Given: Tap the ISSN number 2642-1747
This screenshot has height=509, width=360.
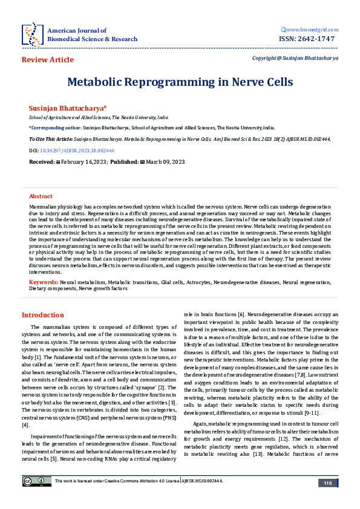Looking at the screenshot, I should coord(313,39).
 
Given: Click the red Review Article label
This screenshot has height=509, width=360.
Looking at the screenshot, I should coord(48,60).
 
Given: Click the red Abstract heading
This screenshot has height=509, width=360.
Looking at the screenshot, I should coord(41,196).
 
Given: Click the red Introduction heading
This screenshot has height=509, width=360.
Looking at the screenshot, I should coord(42,315).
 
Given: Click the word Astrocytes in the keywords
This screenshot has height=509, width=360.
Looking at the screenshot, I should coord(198,282).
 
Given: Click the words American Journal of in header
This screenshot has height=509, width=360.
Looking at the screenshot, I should coord(77,30).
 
